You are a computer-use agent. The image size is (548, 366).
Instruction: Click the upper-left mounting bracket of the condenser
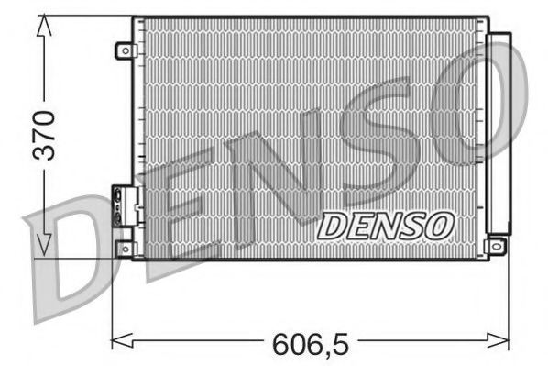point(124,51)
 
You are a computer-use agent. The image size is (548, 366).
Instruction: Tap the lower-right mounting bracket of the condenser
point(497,246)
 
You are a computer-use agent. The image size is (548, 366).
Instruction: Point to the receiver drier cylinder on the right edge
point(499,133)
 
